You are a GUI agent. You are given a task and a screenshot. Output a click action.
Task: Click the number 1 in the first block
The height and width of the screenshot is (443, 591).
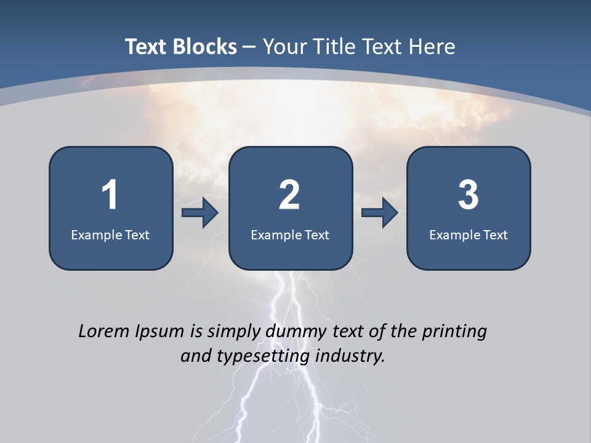[110, 195]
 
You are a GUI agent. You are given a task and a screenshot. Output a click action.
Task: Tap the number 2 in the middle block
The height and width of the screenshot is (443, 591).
[289, 195]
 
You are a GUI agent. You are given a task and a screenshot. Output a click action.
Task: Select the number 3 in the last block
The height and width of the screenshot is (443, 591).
[468, 195]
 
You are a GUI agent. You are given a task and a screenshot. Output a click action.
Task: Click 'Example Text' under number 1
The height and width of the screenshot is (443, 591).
[110, 234]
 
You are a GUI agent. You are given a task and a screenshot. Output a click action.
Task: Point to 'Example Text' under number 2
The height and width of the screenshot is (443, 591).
[290, 234]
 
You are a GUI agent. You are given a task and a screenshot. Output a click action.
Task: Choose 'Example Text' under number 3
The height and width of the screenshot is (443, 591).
[468, 234]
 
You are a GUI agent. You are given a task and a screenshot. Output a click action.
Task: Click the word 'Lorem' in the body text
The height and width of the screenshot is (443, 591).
[104, 331]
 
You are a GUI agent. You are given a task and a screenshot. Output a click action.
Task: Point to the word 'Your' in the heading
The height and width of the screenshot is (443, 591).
[284, 47]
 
